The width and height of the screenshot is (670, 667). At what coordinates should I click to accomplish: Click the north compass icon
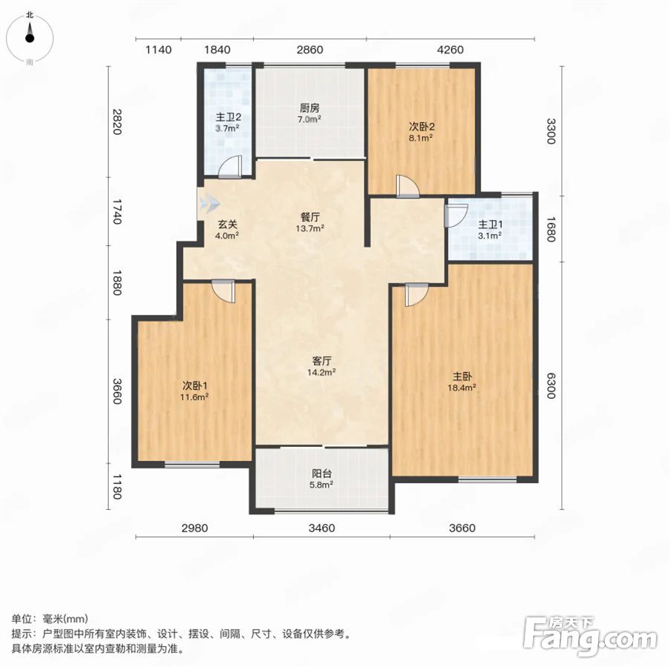tap(30, 38)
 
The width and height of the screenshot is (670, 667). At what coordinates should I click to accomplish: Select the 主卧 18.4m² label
tap(462, 382)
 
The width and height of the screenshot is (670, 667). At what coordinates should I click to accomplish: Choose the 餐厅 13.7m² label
tap(309, 222)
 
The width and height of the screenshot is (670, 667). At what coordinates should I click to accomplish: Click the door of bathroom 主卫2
tap(230, 167)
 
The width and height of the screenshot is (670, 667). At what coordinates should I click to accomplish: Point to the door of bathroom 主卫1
tap(456, 216)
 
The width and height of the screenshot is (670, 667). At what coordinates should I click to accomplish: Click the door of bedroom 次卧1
tap(223, 291)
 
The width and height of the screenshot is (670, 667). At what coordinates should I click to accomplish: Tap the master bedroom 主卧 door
tap(416, 294)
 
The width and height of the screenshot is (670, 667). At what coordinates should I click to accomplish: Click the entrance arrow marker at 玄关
tap(208, 204)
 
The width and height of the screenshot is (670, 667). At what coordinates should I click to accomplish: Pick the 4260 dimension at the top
tap(450, 50)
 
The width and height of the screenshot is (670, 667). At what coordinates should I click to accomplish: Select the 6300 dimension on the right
tap(552, 385)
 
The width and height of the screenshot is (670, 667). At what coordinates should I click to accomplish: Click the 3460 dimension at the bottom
tap(322, 528)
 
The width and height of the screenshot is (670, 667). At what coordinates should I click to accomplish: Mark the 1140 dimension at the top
tap(158, 50)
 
